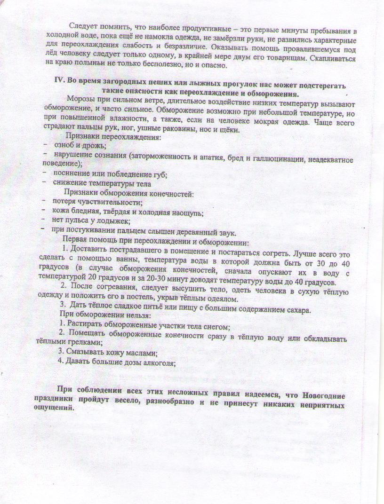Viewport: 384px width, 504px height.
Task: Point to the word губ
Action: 160,174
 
